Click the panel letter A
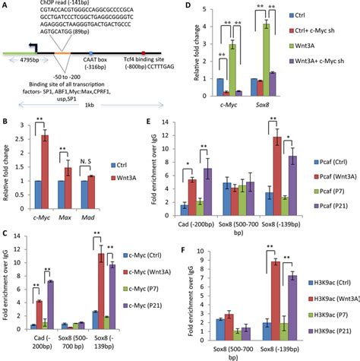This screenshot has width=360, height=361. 7,6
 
